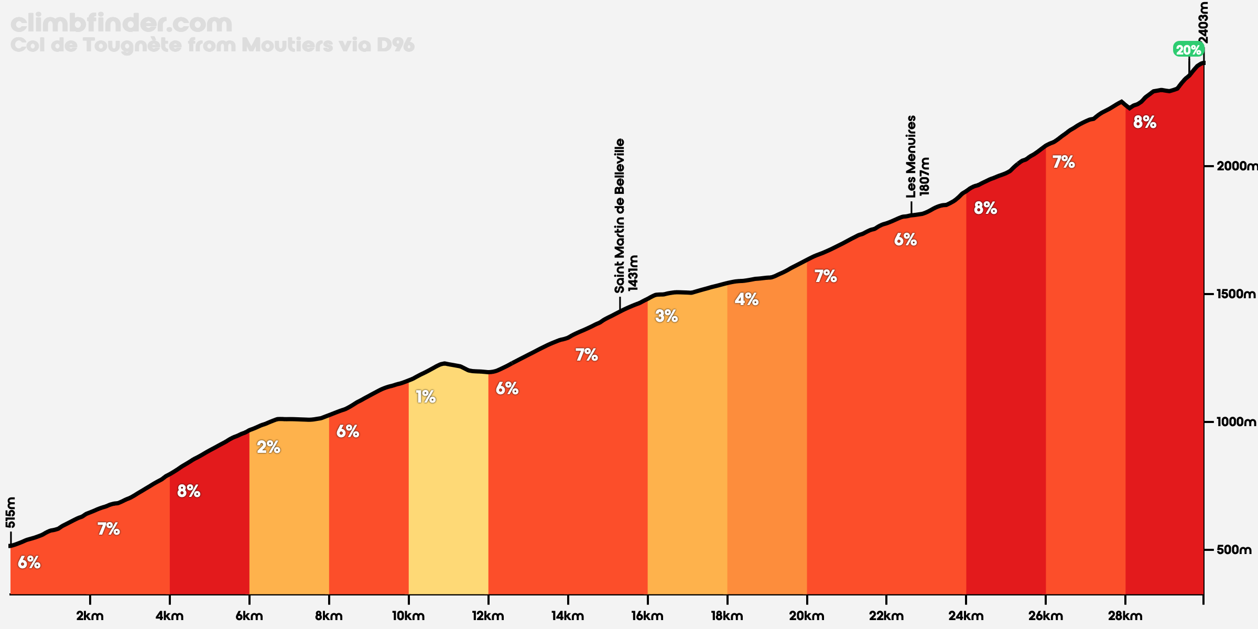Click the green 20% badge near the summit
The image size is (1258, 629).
[x=1188, y=50]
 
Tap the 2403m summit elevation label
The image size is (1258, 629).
[x=1204, y=23]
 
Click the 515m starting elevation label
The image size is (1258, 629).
[x=10, y=513]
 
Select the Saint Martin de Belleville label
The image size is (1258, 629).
[x=620, y=215]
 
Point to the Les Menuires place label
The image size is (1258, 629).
[x=912, y=157]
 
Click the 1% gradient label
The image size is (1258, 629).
[x=426, y=397]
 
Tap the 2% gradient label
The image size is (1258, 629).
[x=268, y=447]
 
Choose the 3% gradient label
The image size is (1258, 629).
[x=667, y=316]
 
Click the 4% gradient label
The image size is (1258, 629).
[x=746, y=299]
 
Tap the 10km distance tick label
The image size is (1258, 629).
[x=408, y=616]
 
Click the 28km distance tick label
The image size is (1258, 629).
[x=1125, y=616]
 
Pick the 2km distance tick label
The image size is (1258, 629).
[x=90, y=616]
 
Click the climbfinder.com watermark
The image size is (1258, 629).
[x=121, y=24]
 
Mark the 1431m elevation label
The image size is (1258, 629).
[x=633, y=273]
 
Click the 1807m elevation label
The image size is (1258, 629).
[x=925, y=177]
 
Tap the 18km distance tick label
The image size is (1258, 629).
[x=727, y=616]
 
